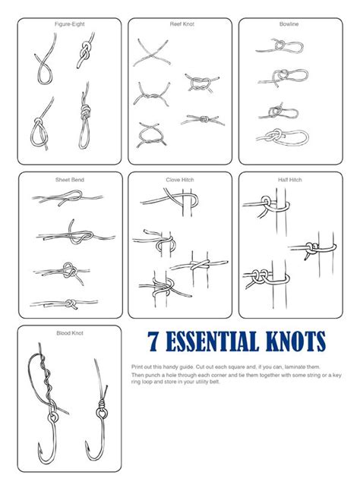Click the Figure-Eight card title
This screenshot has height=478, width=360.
[x=70, y=24]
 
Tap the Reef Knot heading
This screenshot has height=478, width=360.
[x=182, y=24]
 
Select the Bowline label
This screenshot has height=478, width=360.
[x=289, y=24]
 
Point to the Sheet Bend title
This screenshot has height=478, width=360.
[x=70, y=180]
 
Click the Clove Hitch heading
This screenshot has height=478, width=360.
[x=180, y=180]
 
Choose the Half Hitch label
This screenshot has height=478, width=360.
[x=290, y=180]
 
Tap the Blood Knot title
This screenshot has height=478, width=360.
[x=70, y=333]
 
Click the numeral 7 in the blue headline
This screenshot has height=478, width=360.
[x=153, y=341]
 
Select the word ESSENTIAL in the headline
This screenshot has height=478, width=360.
[x=212, y=341]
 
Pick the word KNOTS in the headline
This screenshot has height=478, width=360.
[x=295, y=341]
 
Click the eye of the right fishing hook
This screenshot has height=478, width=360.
[x=102, y=414]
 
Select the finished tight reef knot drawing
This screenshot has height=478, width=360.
[x=203, y=120]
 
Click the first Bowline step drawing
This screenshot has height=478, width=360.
[x=279, y=46]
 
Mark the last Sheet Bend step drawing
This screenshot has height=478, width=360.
[x=64, y=303]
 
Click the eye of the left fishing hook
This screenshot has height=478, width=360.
[x=53, y=417]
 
